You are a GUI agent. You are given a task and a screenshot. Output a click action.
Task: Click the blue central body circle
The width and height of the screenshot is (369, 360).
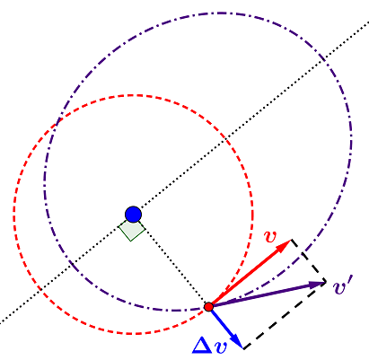(x=133, y=215)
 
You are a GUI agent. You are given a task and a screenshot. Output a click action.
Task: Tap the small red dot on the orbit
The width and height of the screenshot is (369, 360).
(x=208, y=307)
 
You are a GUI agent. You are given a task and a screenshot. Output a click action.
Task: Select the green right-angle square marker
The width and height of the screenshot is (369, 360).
(x=132, y=231)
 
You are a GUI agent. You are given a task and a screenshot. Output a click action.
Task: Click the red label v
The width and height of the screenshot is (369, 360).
(x=271, y=236)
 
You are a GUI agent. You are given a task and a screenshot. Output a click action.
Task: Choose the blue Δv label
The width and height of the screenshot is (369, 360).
(x=210, y=347)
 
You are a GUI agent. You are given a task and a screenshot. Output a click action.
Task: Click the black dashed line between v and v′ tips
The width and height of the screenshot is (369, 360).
(x=309, y=260)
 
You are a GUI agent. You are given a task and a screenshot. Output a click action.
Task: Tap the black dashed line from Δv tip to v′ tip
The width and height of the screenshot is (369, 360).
(x=285, y=315)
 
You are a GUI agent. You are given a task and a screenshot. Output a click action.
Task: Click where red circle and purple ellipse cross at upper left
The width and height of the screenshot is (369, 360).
(x=58, y=120)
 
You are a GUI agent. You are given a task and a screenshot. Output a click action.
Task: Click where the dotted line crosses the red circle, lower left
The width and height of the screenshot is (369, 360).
(x=40, y=290)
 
